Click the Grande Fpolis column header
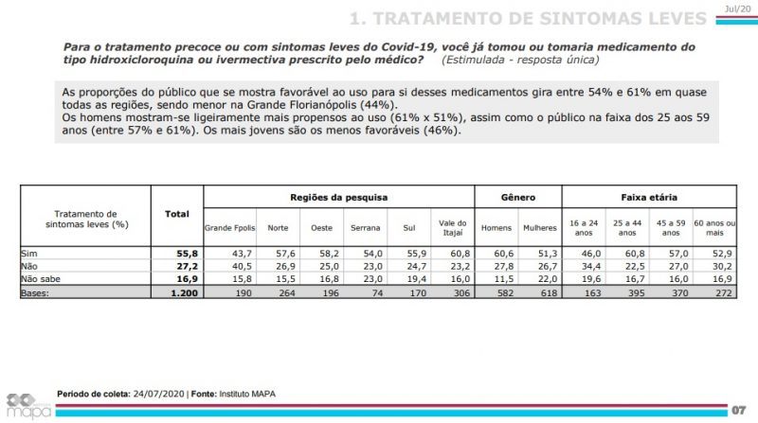coord(229,228)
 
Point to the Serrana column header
coord(365,228)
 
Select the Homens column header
coord(496,228)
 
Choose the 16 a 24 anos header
coord(584,228)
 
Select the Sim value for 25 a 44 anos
coord(628,256)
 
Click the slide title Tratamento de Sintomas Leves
coord(527,19)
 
